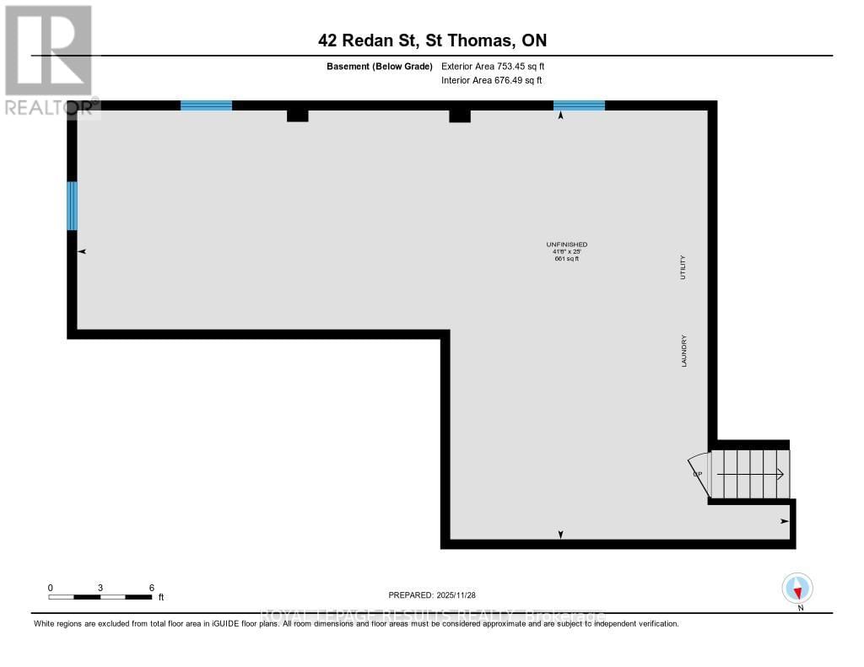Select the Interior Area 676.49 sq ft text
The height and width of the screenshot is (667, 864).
coord(491,80)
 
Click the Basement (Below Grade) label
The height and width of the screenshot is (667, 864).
coord(379,66)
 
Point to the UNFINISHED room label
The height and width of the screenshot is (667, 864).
coord(566,245)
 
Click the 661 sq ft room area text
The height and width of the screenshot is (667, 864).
coord(566,258)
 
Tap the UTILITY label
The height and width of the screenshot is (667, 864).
coord(684,267)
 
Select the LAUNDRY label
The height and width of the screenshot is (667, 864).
coord(684,351)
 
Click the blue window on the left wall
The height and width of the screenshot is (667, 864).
coord(73,206)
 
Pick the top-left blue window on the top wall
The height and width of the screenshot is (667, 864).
coord(206,105)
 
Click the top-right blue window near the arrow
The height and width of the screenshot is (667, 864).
coord(579,105)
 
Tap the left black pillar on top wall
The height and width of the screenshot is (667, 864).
coord(297,116)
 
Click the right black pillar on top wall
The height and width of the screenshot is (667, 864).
coord(459,116)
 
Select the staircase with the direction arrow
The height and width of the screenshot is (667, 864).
coord(750,474)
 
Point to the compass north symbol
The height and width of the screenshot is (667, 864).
coord(797,589)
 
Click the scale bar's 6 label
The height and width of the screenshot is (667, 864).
coord(151,587)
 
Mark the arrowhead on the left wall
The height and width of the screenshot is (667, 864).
coord(82,251)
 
